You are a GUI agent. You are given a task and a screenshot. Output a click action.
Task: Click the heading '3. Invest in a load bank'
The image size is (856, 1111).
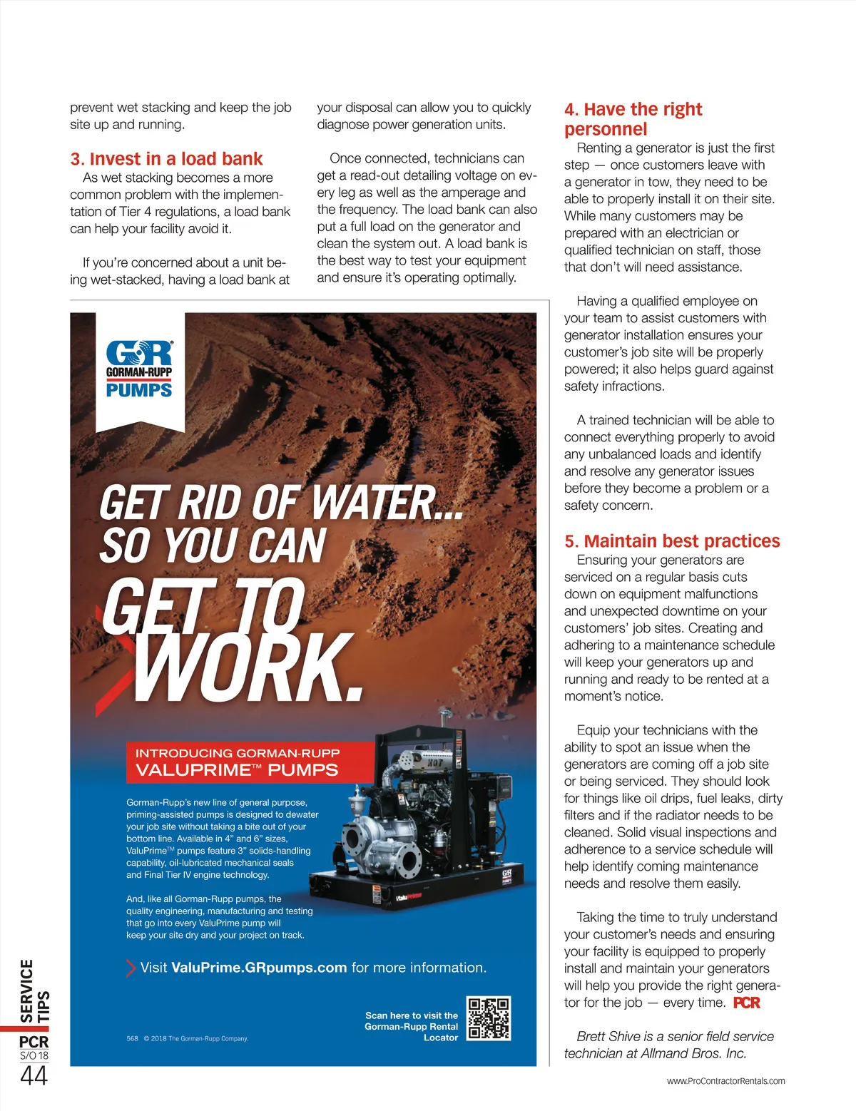click(166, 159)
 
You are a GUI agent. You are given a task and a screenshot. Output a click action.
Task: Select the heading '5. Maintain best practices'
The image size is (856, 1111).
click(672, 541)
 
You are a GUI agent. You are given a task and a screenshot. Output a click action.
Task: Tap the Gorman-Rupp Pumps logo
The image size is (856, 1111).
click(139, 369)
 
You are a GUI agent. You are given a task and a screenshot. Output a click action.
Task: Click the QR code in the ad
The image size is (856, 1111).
click(489, 1018)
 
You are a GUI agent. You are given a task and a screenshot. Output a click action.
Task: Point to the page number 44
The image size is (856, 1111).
click(34, 1075)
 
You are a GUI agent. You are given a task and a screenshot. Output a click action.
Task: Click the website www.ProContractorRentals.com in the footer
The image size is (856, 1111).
click(725, 1081)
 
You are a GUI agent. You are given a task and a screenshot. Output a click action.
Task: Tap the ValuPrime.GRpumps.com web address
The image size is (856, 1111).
click(259, 968)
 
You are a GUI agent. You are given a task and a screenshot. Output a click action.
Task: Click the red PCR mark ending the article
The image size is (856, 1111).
click(747, 1003)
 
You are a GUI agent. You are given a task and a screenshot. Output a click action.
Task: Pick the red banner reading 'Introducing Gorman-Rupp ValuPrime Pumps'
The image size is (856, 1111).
click(238, 762)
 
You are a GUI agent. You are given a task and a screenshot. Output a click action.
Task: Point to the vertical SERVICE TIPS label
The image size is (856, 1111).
click(34, 991)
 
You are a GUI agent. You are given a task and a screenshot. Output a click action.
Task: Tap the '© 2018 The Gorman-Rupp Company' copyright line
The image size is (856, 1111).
click(195, 1038)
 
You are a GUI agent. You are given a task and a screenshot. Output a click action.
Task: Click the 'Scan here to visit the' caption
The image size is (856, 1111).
click(412, 1015)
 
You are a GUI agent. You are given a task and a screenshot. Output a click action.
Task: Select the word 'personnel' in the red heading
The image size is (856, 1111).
click(606, 129)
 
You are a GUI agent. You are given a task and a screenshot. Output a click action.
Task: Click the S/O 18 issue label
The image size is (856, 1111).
click(34, 1055)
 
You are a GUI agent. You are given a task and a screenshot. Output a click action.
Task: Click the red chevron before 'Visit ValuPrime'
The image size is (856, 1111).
click(131, 968)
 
